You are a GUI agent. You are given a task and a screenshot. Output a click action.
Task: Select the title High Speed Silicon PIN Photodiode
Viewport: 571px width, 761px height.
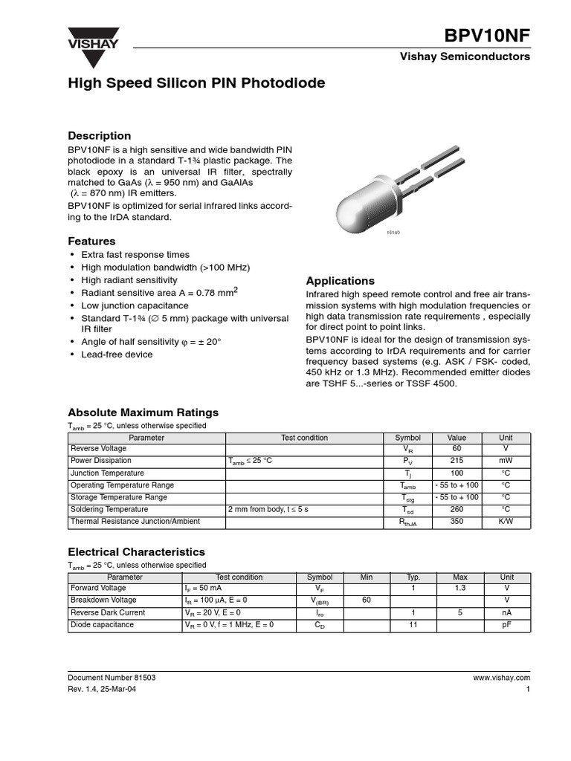click(x=196, y=83)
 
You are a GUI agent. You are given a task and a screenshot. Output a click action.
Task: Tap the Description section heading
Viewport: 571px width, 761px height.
click(x=99, y=136)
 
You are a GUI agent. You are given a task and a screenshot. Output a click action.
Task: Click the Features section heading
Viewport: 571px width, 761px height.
click(x=91, y=242)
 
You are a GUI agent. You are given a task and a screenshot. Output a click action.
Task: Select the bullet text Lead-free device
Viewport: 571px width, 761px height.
click(x=117, y=354)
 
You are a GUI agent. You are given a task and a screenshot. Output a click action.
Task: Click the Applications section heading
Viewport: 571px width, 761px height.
click(x=341, y=281)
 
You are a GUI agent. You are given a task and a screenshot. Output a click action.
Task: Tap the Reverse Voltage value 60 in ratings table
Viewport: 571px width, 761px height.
click(x=457, y=449)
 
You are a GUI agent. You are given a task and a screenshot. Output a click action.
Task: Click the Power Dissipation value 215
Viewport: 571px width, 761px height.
click(x=457, y=461)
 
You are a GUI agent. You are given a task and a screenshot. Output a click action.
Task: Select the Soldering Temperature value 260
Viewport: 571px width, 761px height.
click(x=457, y=510)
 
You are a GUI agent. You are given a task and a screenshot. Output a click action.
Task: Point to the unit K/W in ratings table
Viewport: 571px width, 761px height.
click(x=506, y=522)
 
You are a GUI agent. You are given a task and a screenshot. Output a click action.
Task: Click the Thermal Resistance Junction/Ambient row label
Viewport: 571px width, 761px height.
click(x=135, y=522)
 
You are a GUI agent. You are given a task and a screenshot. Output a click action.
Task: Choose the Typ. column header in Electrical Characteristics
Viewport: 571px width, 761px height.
click(x=413, y=577)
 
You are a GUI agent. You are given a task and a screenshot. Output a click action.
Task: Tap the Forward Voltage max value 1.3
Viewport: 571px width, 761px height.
click(x=460, y=589)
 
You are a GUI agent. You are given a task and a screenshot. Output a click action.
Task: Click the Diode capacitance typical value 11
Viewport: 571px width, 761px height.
click(x=413, y=625)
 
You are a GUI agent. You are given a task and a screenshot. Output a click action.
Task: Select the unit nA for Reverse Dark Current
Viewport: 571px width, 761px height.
click(x=506, y=613)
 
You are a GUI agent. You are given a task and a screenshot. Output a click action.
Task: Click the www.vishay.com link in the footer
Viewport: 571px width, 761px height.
click(x=501, y=678)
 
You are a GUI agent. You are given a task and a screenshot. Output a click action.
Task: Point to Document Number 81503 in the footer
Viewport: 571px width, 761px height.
click(x=112, y=678)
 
